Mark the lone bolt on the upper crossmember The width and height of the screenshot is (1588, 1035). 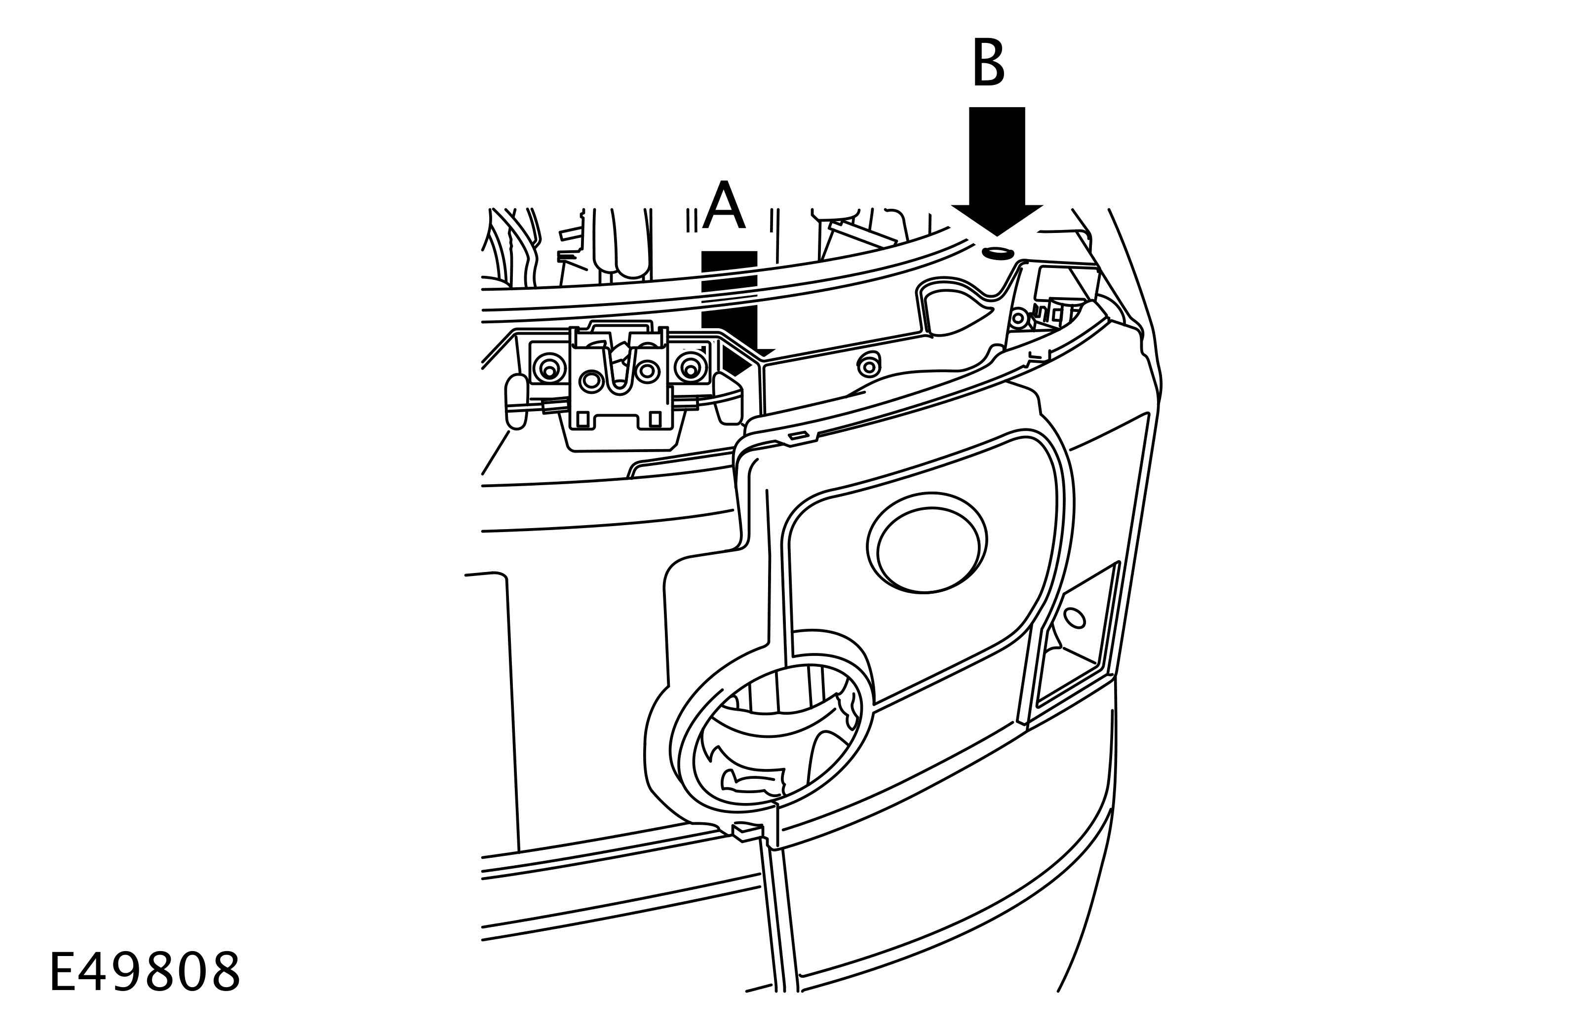tap(869, 366)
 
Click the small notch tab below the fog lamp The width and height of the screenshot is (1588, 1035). tap(746, 831)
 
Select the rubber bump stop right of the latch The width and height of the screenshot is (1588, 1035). tap(729, 399)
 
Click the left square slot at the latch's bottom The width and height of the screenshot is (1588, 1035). tap(583, 419)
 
